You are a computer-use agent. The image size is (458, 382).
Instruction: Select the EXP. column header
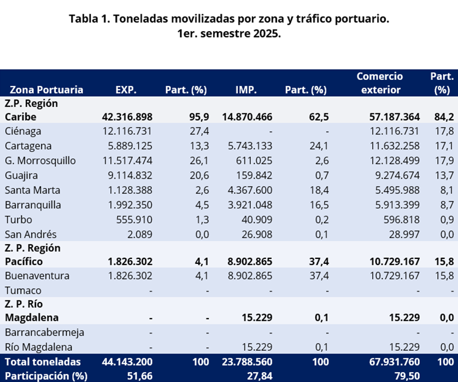(x=126, y=90)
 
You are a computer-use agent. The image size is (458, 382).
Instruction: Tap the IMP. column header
(x=246, y=90)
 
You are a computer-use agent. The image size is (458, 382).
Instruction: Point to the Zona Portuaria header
(x=46, y=90)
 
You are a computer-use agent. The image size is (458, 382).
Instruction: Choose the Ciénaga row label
(x=23, y=131)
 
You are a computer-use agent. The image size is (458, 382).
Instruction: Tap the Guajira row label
(x=21, y=176)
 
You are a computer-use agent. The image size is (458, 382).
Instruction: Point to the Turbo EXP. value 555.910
(x=133, y=220)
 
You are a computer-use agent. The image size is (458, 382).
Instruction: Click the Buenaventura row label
(x=37, y=276)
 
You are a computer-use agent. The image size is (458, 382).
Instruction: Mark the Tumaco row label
(x=23, y=291)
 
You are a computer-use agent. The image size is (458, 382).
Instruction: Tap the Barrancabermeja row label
(x=44, y=332)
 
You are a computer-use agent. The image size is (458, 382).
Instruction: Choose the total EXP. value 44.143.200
(x=127, y=362)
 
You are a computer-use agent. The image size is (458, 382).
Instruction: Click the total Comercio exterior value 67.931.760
(x=391, y=362)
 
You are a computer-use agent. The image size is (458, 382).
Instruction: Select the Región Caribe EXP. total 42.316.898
(x=127, y=117)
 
